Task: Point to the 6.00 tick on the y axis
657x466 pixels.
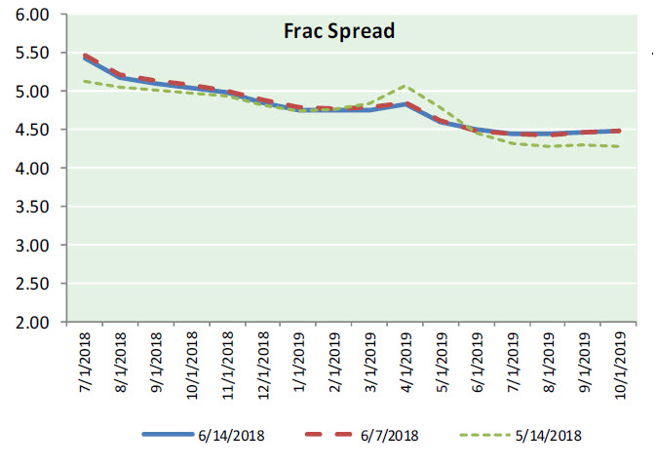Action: pos(33,16)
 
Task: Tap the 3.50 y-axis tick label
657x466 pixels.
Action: pos(33,208)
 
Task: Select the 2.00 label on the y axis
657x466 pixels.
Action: pos(33,323)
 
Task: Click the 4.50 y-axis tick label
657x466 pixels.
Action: pos(33,131)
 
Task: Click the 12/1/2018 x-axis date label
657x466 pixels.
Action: pos(264,366)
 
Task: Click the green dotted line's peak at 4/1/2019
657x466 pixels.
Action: pos(406,85)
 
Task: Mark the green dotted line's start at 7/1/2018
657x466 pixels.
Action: pos(85,81)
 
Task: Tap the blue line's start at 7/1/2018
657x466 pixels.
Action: pos(85,58)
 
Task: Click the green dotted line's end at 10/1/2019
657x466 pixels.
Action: pos(621,147)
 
